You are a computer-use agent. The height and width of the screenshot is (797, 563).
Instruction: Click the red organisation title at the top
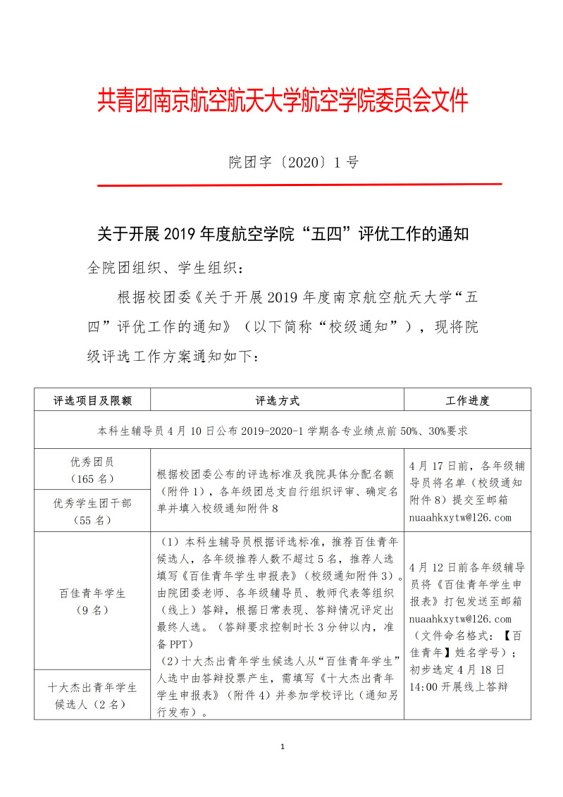282,101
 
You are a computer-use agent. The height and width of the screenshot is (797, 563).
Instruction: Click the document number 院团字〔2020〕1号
294,163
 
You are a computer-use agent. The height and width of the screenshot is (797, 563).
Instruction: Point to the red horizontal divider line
299,185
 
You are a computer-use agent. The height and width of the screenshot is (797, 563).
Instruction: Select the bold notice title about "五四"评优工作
282,234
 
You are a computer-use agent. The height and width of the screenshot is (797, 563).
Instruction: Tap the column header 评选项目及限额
92,400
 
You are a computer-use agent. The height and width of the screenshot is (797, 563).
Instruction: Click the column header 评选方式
277,400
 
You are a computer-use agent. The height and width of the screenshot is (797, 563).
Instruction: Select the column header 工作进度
467,400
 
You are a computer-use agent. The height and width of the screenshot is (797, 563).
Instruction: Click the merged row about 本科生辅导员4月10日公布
282,429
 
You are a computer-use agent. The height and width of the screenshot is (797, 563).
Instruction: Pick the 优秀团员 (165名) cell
92,469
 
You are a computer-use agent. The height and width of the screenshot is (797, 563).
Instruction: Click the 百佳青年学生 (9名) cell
92,600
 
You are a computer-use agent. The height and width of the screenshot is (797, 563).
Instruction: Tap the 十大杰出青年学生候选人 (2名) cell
92,695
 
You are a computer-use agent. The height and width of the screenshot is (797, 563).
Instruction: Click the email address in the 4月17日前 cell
459,518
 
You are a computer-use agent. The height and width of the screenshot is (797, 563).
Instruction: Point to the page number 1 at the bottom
282,746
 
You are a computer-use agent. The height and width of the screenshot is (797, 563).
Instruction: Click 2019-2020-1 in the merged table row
268,429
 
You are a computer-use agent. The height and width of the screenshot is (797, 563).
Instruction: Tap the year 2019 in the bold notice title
182,234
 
